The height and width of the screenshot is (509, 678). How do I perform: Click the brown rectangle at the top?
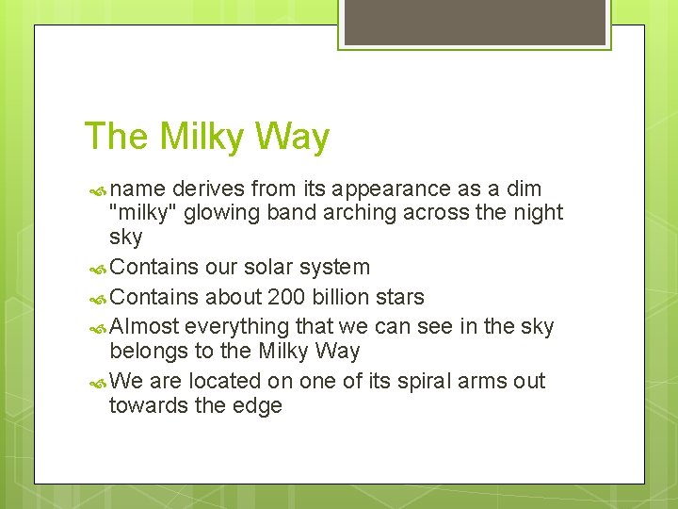click(x=474, y=22)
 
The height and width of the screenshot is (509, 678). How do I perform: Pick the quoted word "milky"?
click(x=143, y=213)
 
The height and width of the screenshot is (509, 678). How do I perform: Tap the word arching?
click(x=361, y=213)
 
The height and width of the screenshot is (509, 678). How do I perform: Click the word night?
click(x=537, y=213)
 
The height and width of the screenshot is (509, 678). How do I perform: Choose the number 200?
click(x=286, y=297)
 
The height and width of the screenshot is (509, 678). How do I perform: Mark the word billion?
click(x=341, y=297)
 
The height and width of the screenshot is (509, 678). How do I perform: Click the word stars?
click(x=400, y=297)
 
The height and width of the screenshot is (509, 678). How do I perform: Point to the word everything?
click(x=237, y=326)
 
